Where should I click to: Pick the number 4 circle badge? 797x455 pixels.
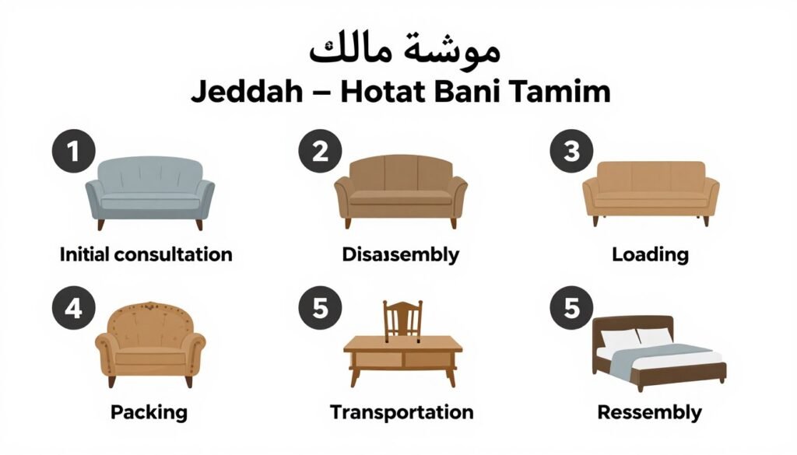tap(73, 310)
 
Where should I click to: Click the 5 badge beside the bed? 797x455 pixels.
tap(572, 310)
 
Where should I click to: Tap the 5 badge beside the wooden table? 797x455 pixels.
tap(320, 310)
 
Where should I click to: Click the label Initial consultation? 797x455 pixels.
tap(146, 254)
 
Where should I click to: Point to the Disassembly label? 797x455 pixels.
tap(400, 254)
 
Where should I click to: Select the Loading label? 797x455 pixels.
tap(650, 254)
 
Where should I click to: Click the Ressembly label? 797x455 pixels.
tap(649, 411)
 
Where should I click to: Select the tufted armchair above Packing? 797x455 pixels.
tap(149, 342)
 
